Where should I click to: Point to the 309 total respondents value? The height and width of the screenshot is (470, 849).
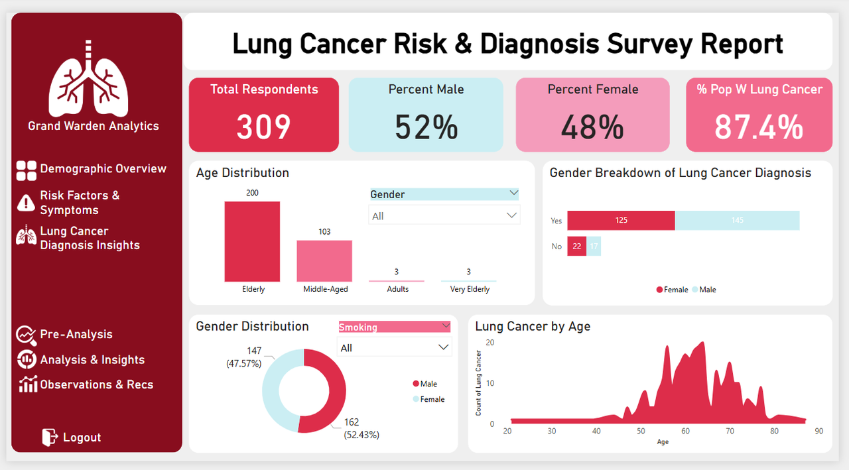(x=263, y=127)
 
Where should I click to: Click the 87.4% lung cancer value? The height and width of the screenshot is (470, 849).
(x=759, y=127)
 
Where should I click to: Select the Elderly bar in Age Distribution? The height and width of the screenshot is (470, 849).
(x=252, y=242)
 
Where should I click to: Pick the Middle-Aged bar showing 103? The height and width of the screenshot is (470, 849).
(x=324, y=261)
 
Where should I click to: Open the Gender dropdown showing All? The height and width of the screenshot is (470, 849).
(x=444, y=216)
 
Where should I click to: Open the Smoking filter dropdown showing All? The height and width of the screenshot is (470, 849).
(x=394, y=348)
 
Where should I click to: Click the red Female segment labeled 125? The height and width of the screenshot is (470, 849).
(x=621, y=221)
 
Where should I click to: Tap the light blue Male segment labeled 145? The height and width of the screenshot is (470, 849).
(x=737, y=221)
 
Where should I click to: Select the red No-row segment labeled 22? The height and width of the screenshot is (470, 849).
(x=576, y=247)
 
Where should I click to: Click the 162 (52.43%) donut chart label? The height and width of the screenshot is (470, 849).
(x=361, y=428)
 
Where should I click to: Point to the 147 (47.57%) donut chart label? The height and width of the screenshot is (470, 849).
(x=245, y=357)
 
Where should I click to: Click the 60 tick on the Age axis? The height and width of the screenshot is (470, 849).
(x=685, y=431)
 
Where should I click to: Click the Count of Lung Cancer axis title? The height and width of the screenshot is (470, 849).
(x=479, y=383)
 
